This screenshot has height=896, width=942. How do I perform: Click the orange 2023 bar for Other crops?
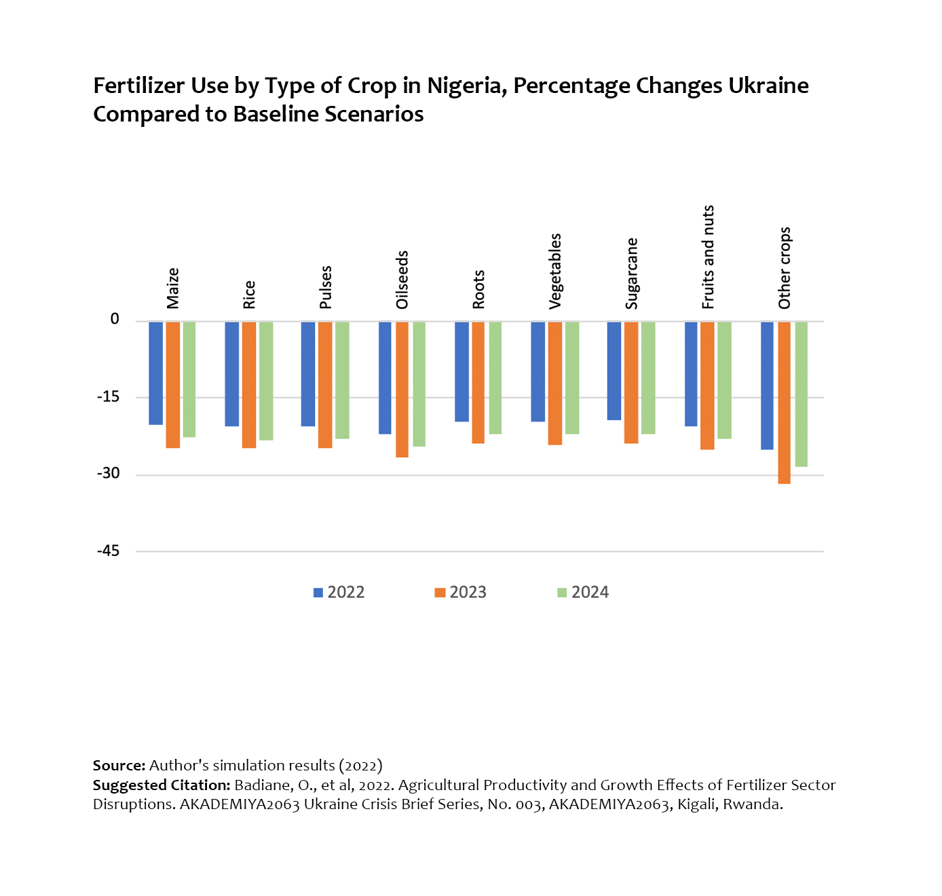[x=784, y=403]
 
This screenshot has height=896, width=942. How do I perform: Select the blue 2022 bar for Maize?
[x=155, y=373]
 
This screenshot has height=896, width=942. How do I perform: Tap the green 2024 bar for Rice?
[x=267, y=381]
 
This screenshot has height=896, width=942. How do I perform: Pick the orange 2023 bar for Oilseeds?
[x=402, y=389]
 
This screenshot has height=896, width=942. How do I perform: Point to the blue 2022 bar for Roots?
[x=462, y=371]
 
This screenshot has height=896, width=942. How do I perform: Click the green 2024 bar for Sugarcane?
[x=648, y=378]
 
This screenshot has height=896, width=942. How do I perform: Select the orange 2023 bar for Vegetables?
[x=555, y=383]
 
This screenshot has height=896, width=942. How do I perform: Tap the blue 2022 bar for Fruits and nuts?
[x=691, y=374]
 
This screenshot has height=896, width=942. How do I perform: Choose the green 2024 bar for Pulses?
[x=342, y=380]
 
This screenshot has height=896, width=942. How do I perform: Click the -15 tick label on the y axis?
[x=108, y=397]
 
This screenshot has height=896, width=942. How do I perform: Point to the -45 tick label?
[x=108, y=550]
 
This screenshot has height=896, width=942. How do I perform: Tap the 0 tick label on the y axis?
[x=115, y=319]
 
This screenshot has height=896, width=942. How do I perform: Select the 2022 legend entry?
[x=339, y=593]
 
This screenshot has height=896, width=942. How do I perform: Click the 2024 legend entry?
[x=582, y=593]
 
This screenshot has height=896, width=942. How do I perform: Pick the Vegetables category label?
[x=555, y=272]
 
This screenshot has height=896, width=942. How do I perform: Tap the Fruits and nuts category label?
[x=708, y=257]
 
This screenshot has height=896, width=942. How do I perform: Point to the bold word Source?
[x=119, y=766]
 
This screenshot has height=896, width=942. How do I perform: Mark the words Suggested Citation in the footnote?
[x=162, y=785]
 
